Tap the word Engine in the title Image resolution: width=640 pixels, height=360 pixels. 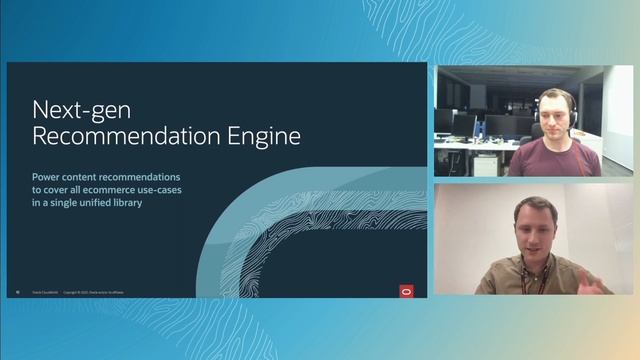tap(264, 135)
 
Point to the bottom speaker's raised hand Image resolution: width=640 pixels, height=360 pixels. tap(597, 283)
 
